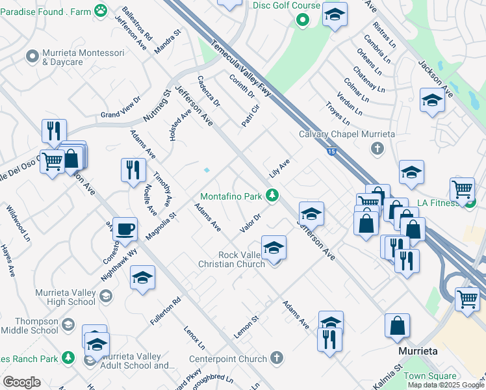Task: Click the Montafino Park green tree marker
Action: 274,195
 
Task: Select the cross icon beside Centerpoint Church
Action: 277,358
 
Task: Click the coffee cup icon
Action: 125,229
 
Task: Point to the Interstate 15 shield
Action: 332,151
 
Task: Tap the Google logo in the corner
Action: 21,382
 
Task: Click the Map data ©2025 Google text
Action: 446,385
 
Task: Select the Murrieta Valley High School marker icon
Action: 106,297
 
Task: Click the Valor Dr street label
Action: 250,222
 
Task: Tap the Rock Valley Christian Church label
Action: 233,259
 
